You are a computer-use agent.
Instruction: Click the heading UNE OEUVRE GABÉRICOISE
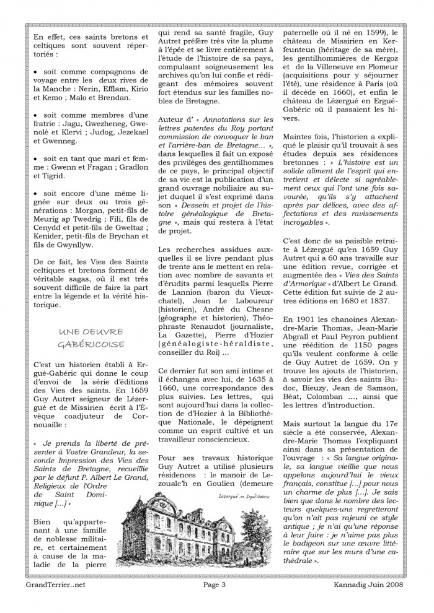pos(91,338)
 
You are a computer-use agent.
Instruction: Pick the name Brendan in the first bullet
pos(113,97)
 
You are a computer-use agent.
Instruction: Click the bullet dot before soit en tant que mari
pos(36,159)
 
